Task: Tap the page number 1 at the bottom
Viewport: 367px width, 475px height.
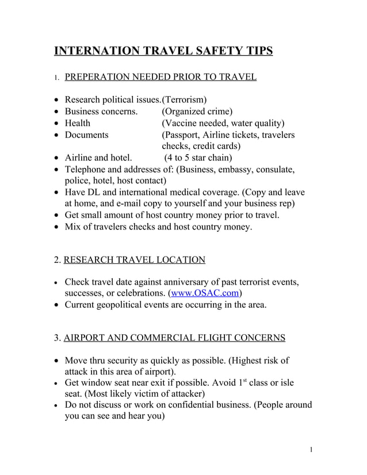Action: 311,449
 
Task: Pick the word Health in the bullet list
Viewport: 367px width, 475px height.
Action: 77,123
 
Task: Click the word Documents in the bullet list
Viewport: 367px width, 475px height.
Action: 86,135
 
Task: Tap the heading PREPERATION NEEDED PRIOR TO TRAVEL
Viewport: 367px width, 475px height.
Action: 160,76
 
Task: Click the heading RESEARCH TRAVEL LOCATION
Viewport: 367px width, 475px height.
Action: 134,260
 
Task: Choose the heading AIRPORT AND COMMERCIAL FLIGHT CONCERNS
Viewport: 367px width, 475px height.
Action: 174,338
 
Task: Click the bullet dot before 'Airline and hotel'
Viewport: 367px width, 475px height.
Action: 56,158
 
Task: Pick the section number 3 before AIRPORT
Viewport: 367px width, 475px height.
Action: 56,338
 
